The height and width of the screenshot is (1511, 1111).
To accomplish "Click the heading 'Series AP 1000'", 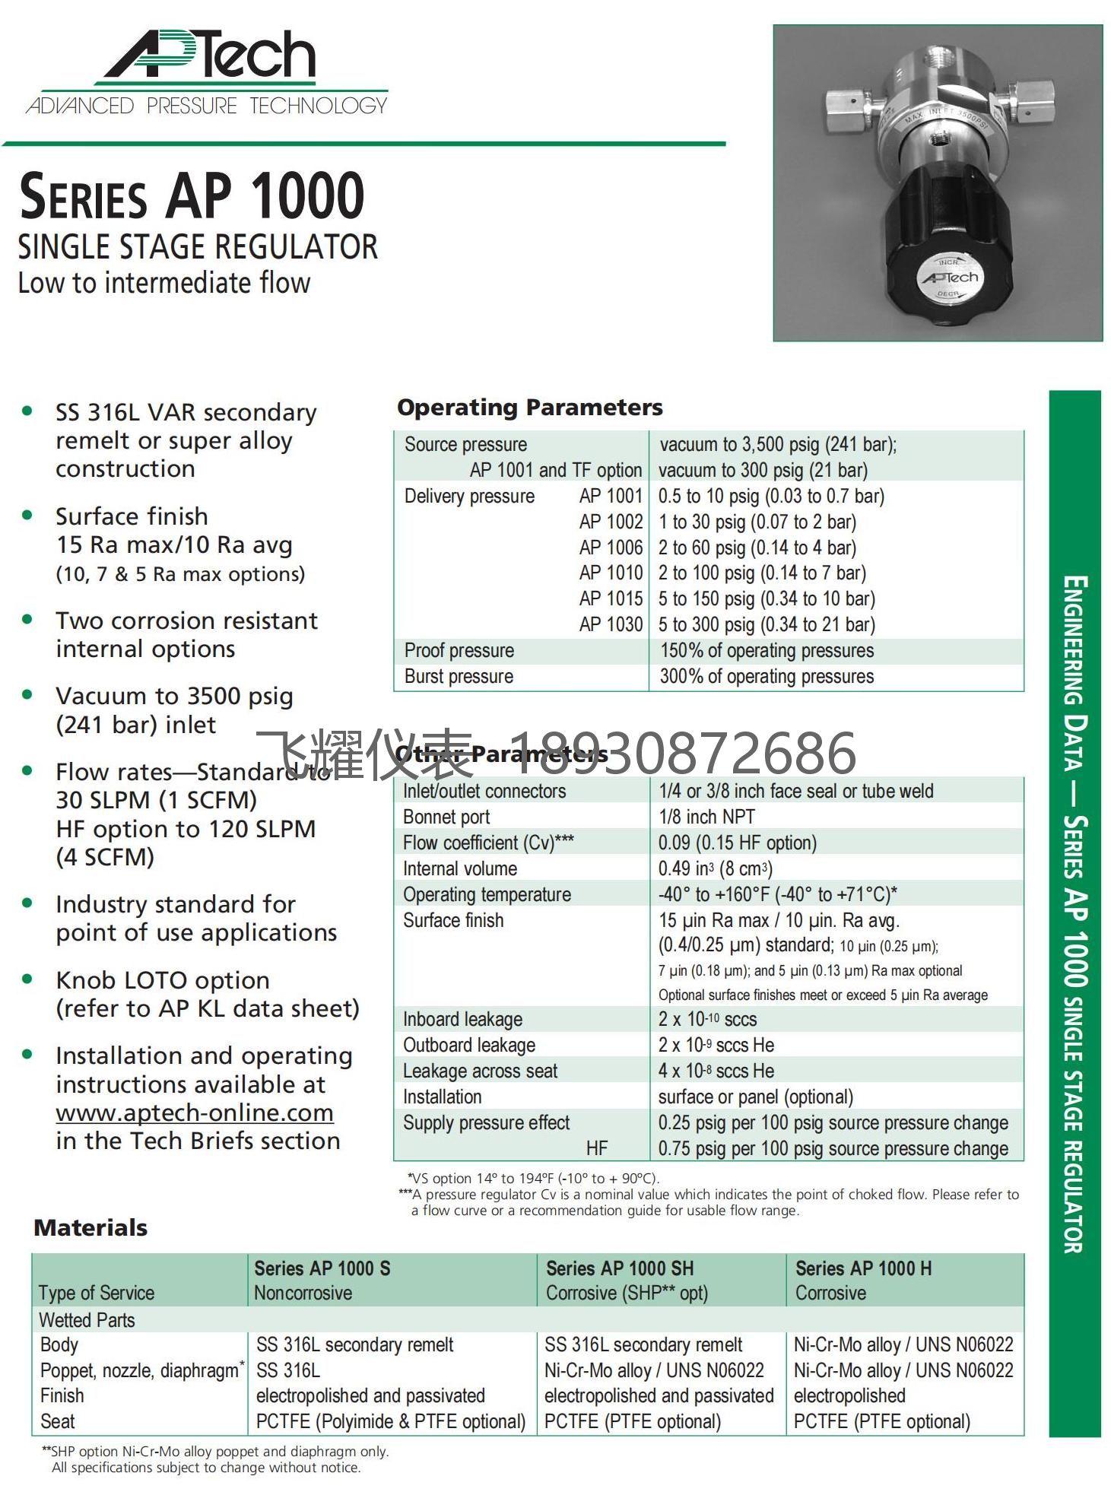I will pyautogui.click(x=192, y=196).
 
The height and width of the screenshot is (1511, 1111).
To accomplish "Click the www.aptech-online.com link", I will pyautogui.click(x=195, y=1113).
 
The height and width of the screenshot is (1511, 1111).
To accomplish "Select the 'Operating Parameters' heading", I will pyautogui.click(x=529, y=408).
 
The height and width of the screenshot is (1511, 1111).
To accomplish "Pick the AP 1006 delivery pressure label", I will pyautogui.click(x=611, y=548).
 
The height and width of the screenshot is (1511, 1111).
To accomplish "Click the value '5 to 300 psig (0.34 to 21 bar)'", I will pyautogui.click(x=767, y=625).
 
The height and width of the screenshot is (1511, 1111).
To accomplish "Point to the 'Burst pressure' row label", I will pyautogui.click(x=459, y=677).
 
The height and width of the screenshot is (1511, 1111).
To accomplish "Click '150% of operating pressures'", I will pyautogui.click(x=767, y=651).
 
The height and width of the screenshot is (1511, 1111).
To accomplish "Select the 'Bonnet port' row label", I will pyautogui.click(x=446, y=817).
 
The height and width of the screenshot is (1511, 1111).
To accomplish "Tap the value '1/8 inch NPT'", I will pyautogui.click(x=706, y=817).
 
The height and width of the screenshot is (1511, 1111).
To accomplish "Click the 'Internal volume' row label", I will pyautogui.click(x=460, y=869).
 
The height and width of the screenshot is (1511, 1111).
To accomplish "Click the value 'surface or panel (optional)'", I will pyautogui.click(x=756, y=1097).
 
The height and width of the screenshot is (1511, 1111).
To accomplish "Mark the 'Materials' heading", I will pyautogui.click(x=90, y=1228).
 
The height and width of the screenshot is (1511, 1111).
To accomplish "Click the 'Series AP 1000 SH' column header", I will pyautogui.click(x=620, y=1268).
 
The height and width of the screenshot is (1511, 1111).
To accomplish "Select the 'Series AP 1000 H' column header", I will pyautogui.click(x=863, y=1268).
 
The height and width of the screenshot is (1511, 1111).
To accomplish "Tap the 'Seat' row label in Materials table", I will pyautogui.click(x=58, y=1422).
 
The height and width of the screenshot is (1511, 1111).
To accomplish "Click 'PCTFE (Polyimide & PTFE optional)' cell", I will pyautogui.click(x=391, y=1422).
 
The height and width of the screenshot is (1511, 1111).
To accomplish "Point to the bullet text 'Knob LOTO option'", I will pyautogui.click(x=163, y=980).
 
